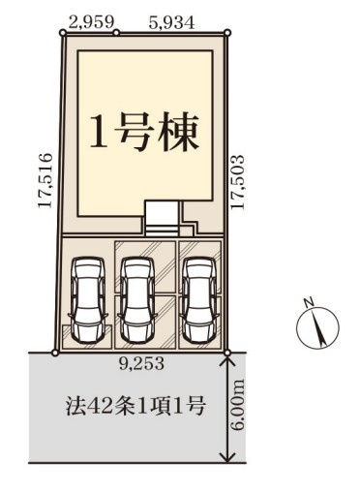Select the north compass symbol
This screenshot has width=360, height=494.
point(318,329)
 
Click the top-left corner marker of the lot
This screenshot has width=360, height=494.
point(65,33)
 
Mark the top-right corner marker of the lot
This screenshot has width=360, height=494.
point(228,33)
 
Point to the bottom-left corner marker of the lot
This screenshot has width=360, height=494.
point(55,353)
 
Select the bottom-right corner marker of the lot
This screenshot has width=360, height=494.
point(228,353)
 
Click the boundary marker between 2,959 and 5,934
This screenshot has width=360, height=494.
point(117,33)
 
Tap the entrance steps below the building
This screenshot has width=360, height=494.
point(161,220)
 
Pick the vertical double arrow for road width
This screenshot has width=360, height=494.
point(228,408)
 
